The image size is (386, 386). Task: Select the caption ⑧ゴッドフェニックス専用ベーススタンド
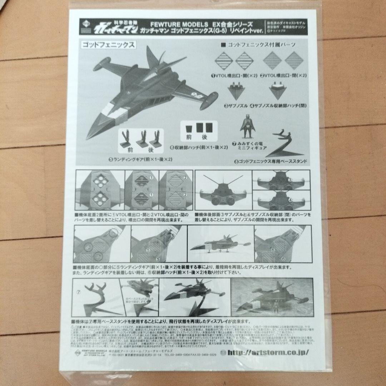click(271, 161)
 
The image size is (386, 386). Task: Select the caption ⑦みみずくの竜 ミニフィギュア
click(251, 146)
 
